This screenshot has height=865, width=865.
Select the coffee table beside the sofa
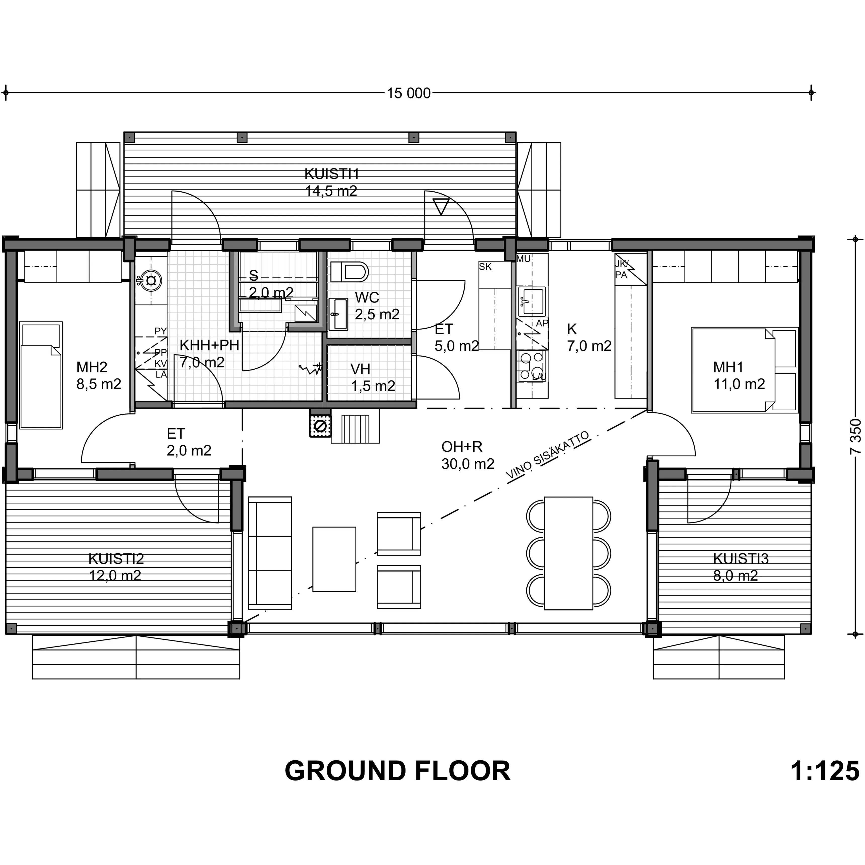[x=334, y=559]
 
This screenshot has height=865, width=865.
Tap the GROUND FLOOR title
[x=398, y=771]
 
